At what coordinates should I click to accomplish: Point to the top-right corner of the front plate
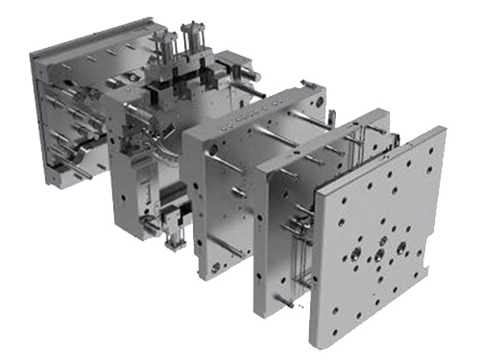pyautogui.click(x=444, y=127)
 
